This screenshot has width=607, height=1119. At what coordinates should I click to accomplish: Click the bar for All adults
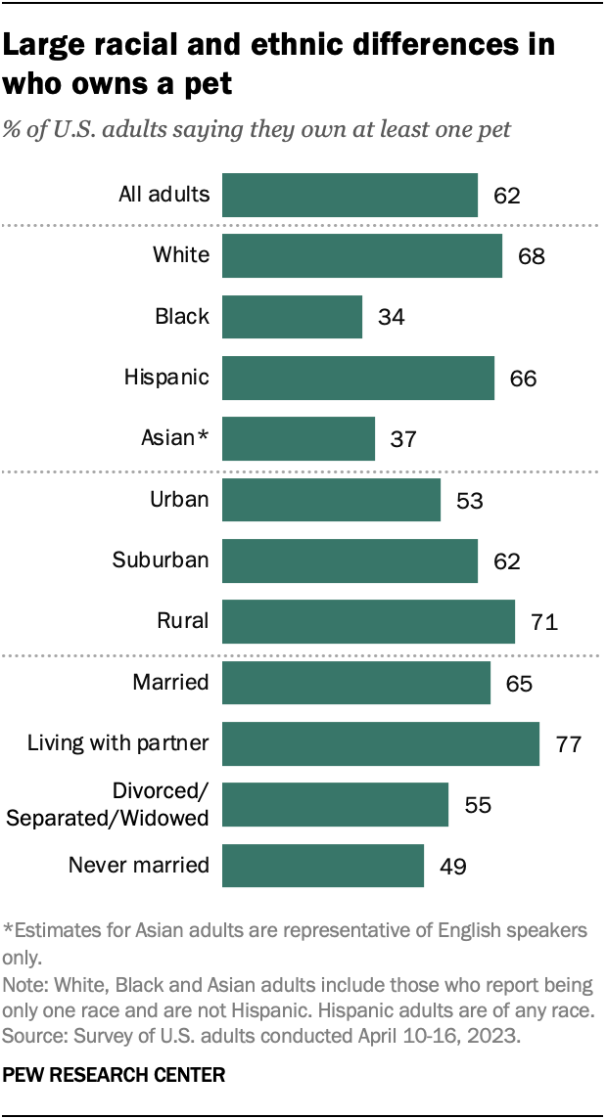point(350,195)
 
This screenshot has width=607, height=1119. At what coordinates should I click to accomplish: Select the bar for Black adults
point(292,317)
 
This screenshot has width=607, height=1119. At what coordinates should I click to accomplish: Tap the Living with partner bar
point(381,743)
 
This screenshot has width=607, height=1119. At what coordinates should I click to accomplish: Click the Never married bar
point(323,866)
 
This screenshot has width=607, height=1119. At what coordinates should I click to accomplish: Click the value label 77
point(569,744)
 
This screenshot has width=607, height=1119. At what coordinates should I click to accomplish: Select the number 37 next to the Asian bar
point(403,439)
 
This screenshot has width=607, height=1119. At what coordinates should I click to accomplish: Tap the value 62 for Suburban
point(506,561)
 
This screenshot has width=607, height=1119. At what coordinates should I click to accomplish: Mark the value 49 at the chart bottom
point(452,867)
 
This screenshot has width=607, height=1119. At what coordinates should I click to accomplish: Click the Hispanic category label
point(166,377)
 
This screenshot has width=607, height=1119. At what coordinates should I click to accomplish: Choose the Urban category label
point(179,499)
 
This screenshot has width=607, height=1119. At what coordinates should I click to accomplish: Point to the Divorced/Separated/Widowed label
point(108,804)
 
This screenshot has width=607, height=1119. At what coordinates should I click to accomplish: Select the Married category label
point(171,682)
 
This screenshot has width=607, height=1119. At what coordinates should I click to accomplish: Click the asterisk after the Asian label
point(204,436)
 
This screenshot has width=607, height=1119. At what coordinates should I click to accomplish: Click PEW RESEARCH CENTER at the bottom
point(114,1075)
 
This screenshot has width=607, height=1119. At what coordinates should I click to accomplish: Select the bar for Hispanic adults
point(358,378)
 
